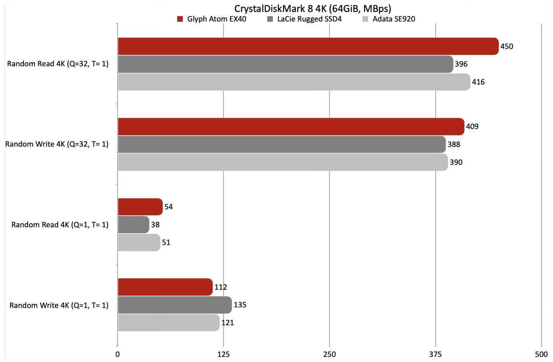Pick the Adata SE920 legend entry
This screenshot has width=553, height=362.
389,19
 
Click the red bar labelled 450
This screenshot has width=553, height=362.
308,46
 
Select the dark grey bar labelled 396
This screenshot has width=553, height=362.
285,64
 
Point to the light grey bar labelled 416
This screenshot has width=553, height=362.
294,82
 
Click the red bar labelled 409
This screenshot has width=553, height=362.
291,126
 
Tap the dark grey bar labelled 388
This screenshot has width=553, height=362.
282,144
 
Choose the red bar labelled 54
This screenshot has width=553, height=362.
140,207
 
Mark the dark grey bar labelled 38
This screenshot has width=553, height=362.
134,224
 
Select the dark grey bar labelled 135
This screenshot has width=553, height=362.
175,305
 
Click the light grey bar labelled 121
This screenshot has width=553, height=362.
169,322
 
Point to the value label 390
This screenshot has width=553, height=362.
456,162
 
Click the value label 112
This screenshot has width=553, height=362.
221,287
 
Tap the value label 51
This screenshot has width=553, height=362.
166,242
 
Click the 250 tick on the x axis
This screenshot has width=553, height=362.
329,355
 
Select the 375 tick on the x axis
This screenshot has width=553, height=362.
435,355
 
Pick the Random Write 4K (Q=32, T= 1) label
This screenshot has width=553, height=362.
57,144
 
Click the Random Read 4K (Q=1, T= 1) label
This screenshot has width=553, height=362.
60,225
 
